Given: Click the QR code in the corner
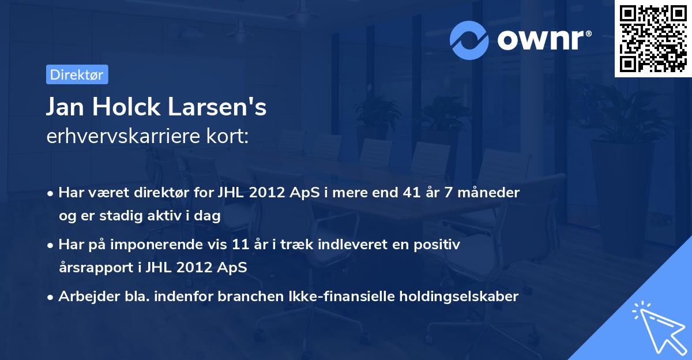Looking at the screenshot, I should point(653,39).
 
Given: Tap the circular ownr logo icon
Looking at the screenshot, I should point(469,40).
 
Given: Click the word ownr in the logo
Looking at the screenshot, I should point(540,39).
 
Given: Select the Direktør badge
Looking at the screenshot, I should point(77,74).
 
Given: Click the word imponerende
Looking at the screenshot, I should point(175,245).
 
